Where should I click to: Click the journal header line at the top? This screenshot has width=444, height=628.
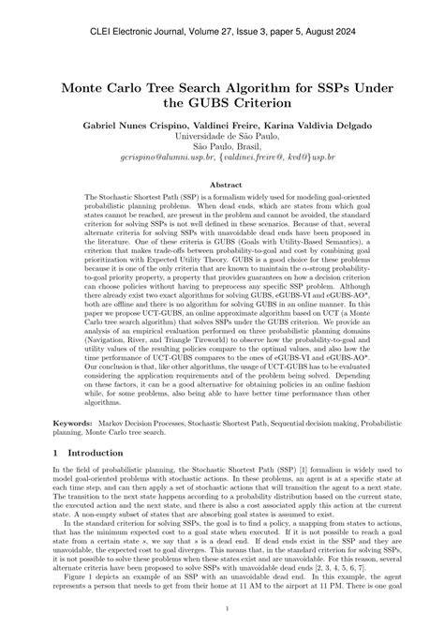[x=222, y=31]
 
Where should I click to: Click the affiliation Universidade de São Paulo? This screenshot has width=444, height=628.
[x=222, y=147]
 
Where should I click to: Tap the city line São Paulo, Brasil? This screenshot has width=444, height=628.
[x=222, y=160]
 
